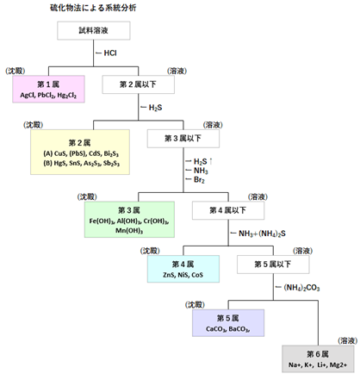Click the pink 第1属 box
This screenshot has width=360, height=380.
point(47,88)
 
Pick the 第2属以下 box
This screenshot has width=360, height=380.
point(139,84)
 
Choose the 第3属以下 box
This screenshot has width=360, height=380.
point(183,137)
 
